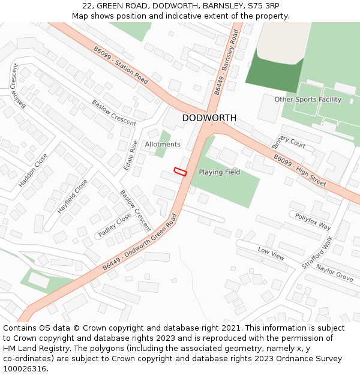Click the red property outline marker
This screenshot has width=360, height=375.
coord(180,172)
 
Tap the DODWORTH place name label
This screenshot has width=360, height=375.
coord(209,118)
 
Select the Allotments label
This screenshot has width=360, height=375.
coord(163,145)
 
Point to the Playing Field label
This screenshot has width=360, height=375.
coord(220,172)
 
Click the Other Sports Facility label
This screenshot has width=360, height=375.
coord(308,100)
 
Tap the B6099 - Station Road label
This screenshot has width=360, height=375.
coord(121,65)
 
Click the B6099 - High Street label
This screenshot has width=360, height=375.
coord(300,170)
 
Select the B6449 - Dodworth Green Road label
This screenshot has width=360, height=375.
coord(140,244)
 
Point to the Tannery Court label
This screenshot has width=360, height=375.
coord(289,142)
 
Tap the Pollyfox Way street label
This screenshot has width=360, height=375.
coord(312,221)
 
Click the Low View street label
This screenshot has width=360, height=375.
coord(271,253)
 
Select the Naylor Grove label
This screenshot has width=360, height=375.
coord(335,273)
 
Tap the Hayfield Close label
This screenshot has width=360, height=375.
coord(73,197)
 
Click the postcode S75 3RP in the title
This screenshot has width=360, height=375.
coord(264,5)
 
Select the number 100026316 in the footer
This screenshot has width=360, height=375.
coord(26,369)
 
